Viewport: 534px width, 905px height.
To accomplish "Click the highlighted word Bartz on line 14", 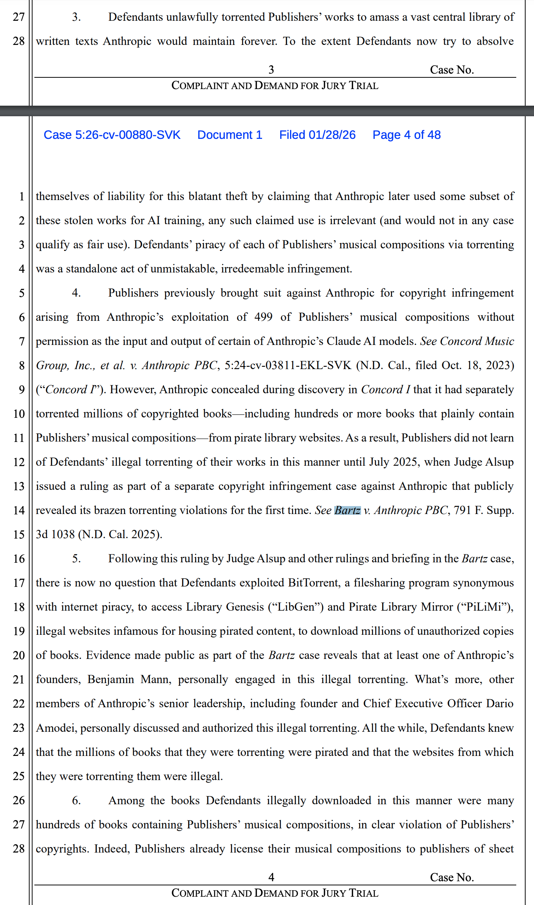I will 347,510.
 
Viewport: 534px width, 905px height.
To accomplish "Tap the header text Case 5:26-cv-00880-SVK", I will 112,135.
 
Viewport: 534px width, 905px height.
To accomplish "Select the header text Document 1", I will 230,135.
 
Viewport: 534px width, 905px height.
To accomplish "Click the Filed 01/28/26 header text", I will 317,135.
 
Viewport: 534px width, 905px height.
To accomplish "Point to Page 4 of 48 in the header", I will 406,135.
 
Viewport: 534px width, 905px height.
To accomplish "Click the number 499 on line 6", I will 263,317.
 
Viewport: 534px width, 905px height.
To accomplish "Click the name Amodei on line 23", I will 55,728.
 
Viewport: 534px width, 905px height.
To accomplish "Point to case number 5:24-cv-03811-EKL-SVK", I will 288,365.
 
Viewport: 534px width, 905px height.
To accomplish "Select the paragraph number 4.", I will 76,293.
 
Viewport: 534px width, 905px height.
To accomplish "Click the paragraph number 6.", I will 76,800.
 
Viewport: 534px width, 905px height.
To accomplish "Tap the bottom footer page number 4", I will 271,877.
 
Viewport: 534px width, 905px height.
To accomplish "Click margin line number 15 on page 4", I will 19,535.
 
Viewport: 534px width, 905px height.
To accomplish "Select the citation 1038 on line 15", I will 63,534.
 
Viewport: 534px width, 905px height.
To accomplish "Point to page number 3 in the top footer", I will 271,70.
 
